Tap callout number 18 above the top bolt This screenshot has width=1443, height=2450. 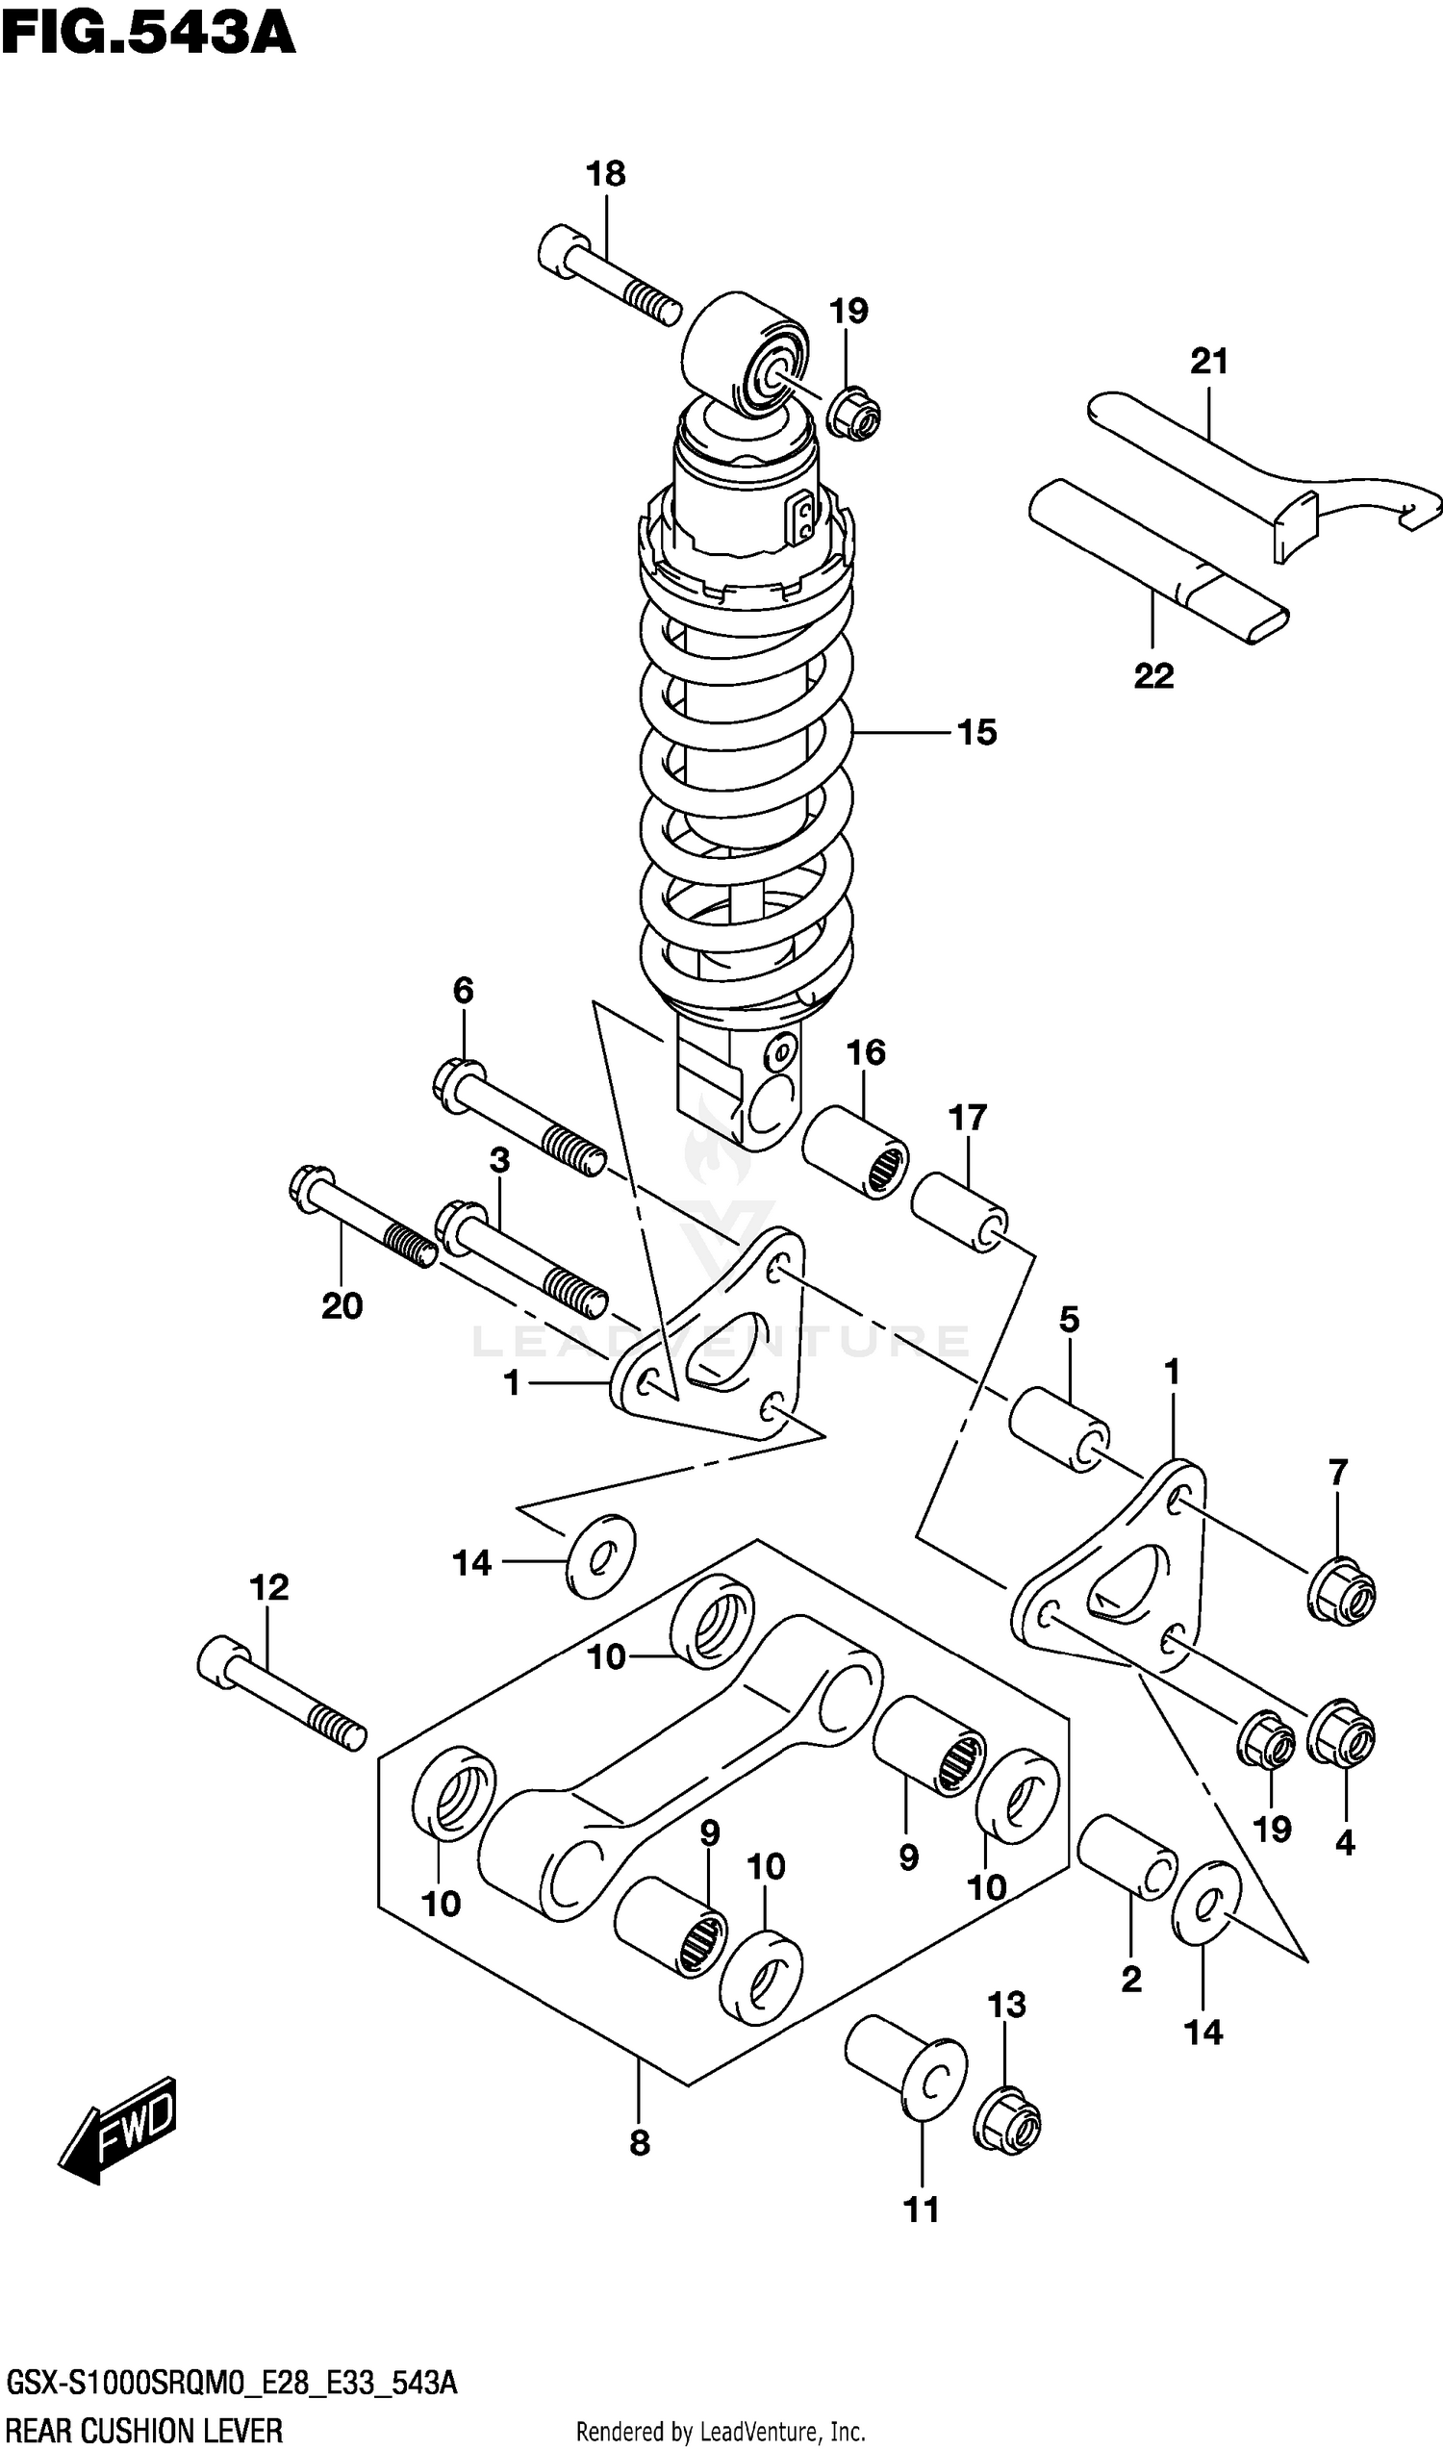click(605, 175)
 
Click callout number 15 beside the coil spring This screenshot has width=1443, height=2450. click(976, 732)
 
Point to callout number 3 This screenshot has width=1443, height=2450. click(499, 1160)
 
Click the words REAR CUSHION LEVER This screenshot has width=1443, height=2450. click(145, 2432)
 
